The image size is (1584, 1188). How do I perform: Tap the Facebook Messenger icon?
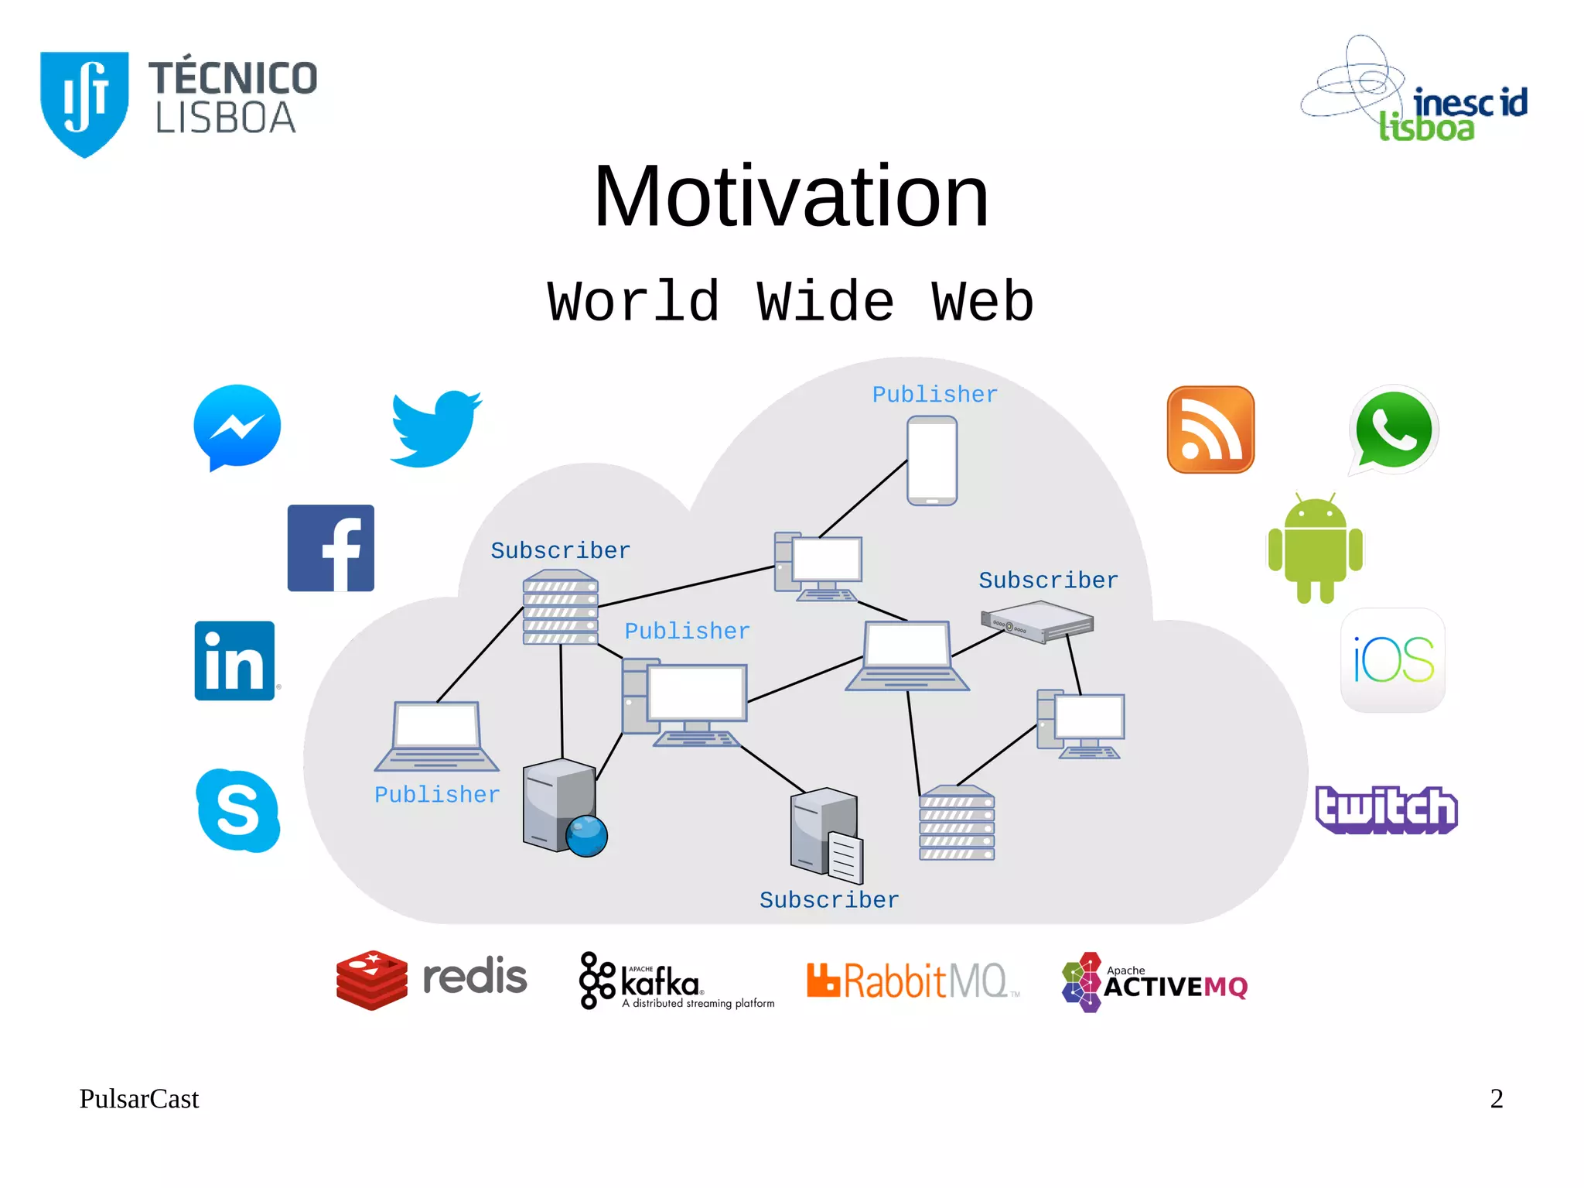pyautogui.click(x=237, y=426)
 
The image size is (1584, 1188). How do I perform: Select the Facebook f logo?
pyautogui.click(x=331, y=548)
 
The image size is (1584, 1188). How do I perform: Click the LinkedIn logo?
pyautogui.click(x=235, y=661)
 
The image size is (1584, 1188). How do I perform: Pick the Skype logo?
pyautogui.click(x=237, y=810)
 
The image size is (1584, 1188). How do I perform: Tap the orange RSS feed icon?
pyautogui.click(x=1210, y=430)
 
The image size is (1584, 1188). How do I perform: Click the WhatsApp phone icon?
pyautogui.click(x=1394, y=430)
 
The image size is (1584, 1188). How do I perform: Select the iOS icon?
pyautogui.click(x=1393, y=660)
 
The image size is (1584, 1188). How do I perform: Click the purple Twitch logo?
pyautogui.click(x=1386, y=810)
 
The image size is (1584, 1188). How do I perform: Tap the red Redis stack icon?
pyautogui.click(x=372, y=980)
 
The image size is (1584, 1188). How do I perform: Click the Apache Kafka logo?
pyautogui.click(x=676, y=981)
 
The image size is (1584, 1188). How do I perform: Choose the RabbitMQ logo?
pyautogui.click(x=913, y=981)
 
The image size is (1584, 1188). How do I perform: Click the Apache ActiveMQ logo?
pyautogui.click(x=1155, y=982)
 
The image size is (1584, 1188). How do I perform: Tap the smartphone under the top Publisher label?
pyautogui.click(x=932, y=460)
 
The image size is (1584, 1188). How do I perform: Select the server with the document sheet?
pyautogui.click(x=826, y=835)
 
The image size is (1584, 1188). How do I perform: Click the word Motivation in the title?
pyautogui.click(x=791, y=197)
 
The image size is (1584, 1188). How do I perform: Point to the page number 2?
pyautogui.click(x=1497, y=1098)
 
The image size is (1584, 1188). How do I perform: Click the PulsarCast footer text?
pyautogui.click(x=139, y=1099)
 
